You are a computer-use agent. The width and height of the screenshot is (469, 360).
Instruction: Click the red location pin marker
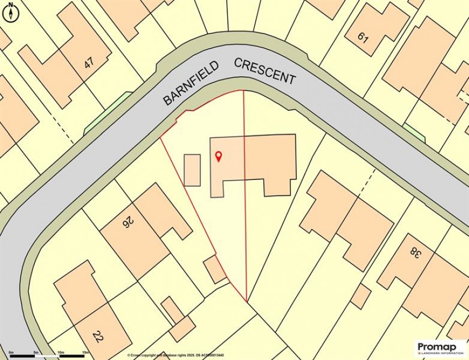click(x=218, y=156)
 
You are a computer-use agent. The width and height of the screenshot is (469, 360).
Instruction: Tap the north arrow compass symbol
click(x=10, y=12)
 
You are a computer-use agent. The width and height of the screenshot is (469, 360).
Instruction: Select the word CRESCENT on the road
click(x=265, y=71)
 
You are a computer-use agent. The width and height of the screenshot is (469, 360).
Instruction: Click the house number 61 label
click(x=363, y=38)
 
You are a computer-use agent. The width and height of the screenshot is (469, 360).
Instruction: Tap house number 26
click(x=128, y=223)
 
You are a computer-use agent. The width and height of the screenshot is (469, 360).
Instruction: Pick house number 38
click(x=413, y=253)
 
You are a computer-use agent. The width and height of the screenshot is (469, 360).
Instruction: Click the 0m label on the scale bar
click(x=11, y=352)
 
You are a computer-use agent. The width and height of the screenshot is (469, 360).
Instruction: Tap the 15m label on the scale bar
click(x=86, y=352)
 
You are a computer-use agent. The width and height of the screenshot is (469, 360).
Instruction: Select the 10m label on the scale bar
click(x=61, y=352)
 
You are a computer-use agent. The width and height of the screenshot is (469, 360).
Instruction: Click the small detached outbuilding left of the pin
click(x=192, y=170)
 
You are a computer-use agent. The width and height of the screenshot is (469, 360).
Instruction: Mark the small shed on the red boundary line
click(x=215, y=270)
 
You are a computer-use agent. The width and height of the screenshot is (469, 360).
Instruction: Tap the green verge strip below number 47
click(x=108, y=113)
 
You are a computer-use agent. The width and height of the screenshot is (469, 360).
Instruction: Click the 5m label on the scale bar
click(x=36, y=352)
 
